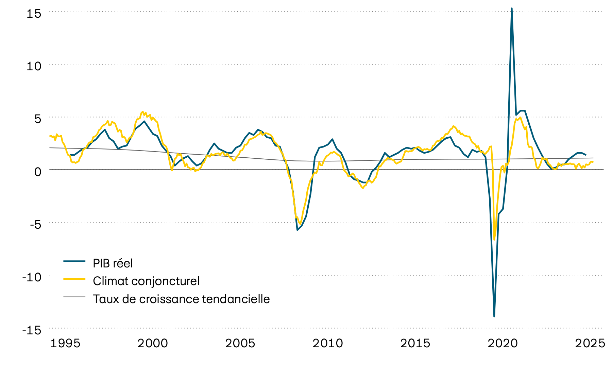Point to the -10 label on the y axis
tap(32, 277)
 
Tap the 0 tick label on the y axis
tap(37, 172)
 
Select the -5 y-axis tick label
tap(33, 224)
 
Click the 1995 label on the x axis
tap(65, 344)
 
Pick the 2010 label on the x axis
tap(328, 344)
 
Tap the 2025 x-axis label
tap(590, 344)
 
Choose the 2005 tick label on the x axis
tap(240, 344)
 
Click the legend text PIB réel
tap(113, 263)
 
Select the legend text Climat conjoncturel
tap(146, 281)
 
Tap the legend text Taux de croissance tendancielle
tap(181, 299)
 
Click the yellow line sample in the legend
tap(74, 279)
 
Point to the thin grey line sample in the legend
tap(74, 297)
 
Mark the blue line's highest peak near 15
tap(512, 8)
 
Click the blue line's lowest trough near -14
tap(494, 316)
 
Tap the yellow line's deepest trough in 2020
tap(494, 240)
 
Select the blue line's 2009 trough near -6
tap(297, 230)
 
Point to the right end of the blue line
tap(585, 155)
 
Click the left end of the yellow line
tap(50, 136)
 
